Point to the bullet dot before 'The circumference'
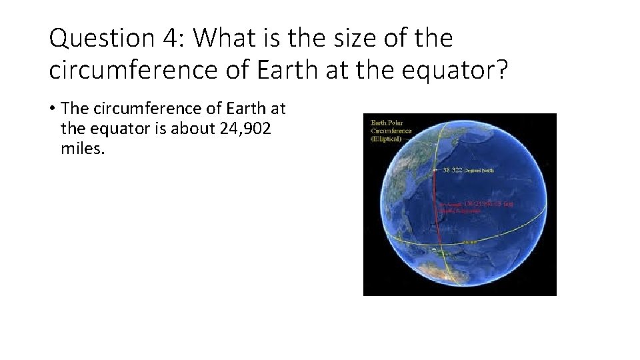52,109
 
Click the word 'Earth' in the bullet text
247,109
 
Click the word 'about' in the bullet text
190,128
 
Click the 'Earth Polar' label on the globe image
387,123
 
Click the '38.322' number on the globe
453,170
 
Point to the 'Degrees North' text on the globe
482,171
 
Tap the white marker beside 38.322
435,170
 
